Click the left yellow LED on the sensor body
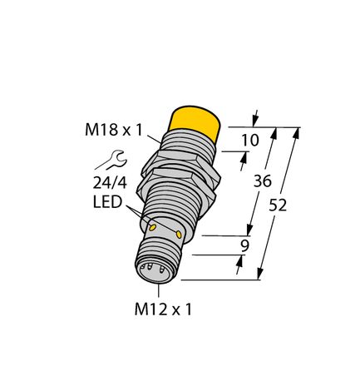click(152, 226)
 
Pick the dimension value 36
click(264, 181)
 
